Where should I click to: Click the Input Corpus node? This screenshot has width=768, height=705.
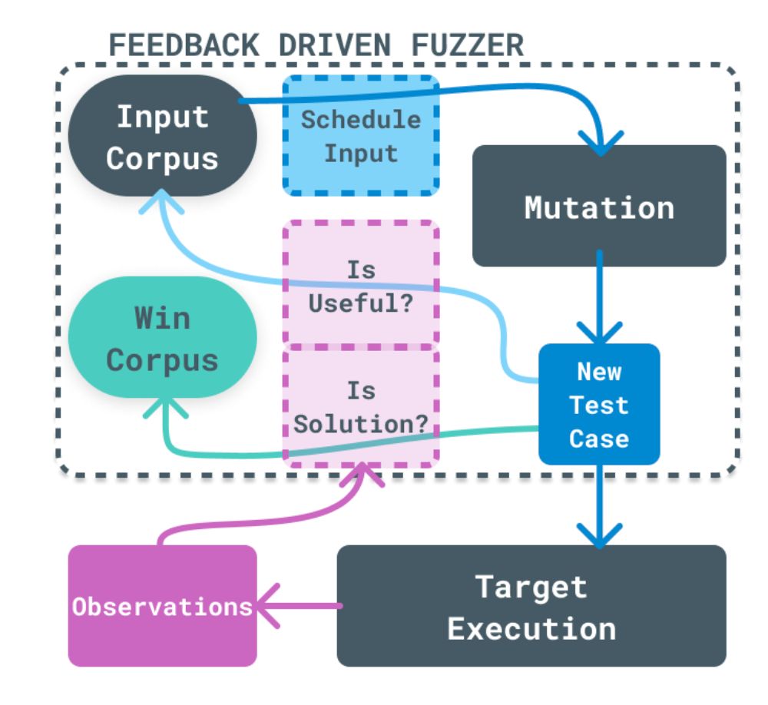(x=162, y=136)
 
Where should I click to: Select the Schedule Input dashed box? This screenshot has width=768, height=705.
(x=360, y=136)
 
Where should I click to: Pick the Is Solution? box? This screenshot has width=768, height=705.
(x=360, y=405)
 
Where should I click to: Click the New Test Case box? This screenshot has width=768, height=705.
(x=599, y=405)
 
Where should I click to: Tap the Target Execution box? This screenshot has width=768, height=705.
(x=531, y=607)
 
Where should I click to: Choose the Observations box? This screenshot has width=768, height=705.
(x=162, y=607)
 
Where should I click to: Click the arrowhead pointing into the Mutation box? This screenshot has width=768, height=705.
(x=601, y=140)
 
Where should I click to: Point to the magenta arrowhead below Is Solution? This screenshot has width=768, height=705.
(x=360, y=478)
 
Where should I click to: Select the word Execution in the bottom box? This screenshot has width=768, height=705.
(x=531, y=628)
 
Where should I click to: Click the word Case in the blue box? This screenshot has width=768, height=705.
(x=599, y=439)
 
